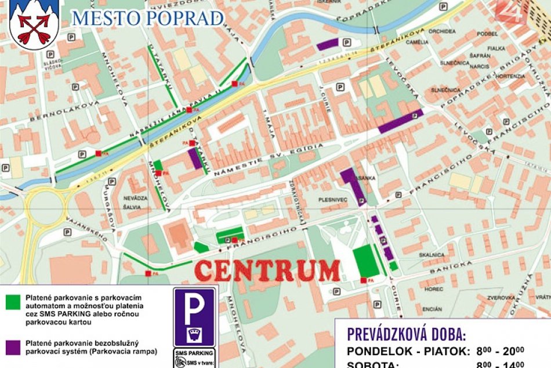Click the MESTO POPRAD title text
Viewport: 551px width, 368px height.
[x=147, y=18]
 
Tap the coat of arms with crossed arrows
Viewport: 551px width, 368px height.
[x=34, y=24]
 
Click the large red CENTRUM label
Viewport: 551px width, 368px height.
[x=267, y=270]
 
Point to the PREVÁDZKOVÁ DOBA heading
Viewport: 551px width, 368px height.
[x=406, y=334]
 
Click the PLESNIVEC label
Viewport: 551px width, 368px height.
[x=332, y=200]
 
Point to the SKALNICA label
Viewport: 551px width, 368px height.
[x=432, y=255]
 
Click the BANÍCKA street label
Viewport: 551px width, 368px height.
[x=451, y=267]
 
